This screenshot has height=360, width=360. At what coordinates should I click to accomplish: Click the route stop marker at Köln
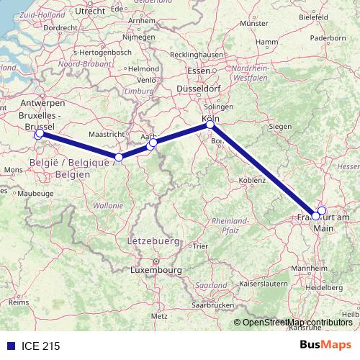point(210,125)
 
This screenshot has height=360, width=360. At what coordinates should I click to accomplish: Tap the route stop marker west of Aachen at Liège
point(119,157)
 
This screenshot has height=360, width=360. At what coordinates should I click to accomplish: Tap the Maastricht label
point(106,135)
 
